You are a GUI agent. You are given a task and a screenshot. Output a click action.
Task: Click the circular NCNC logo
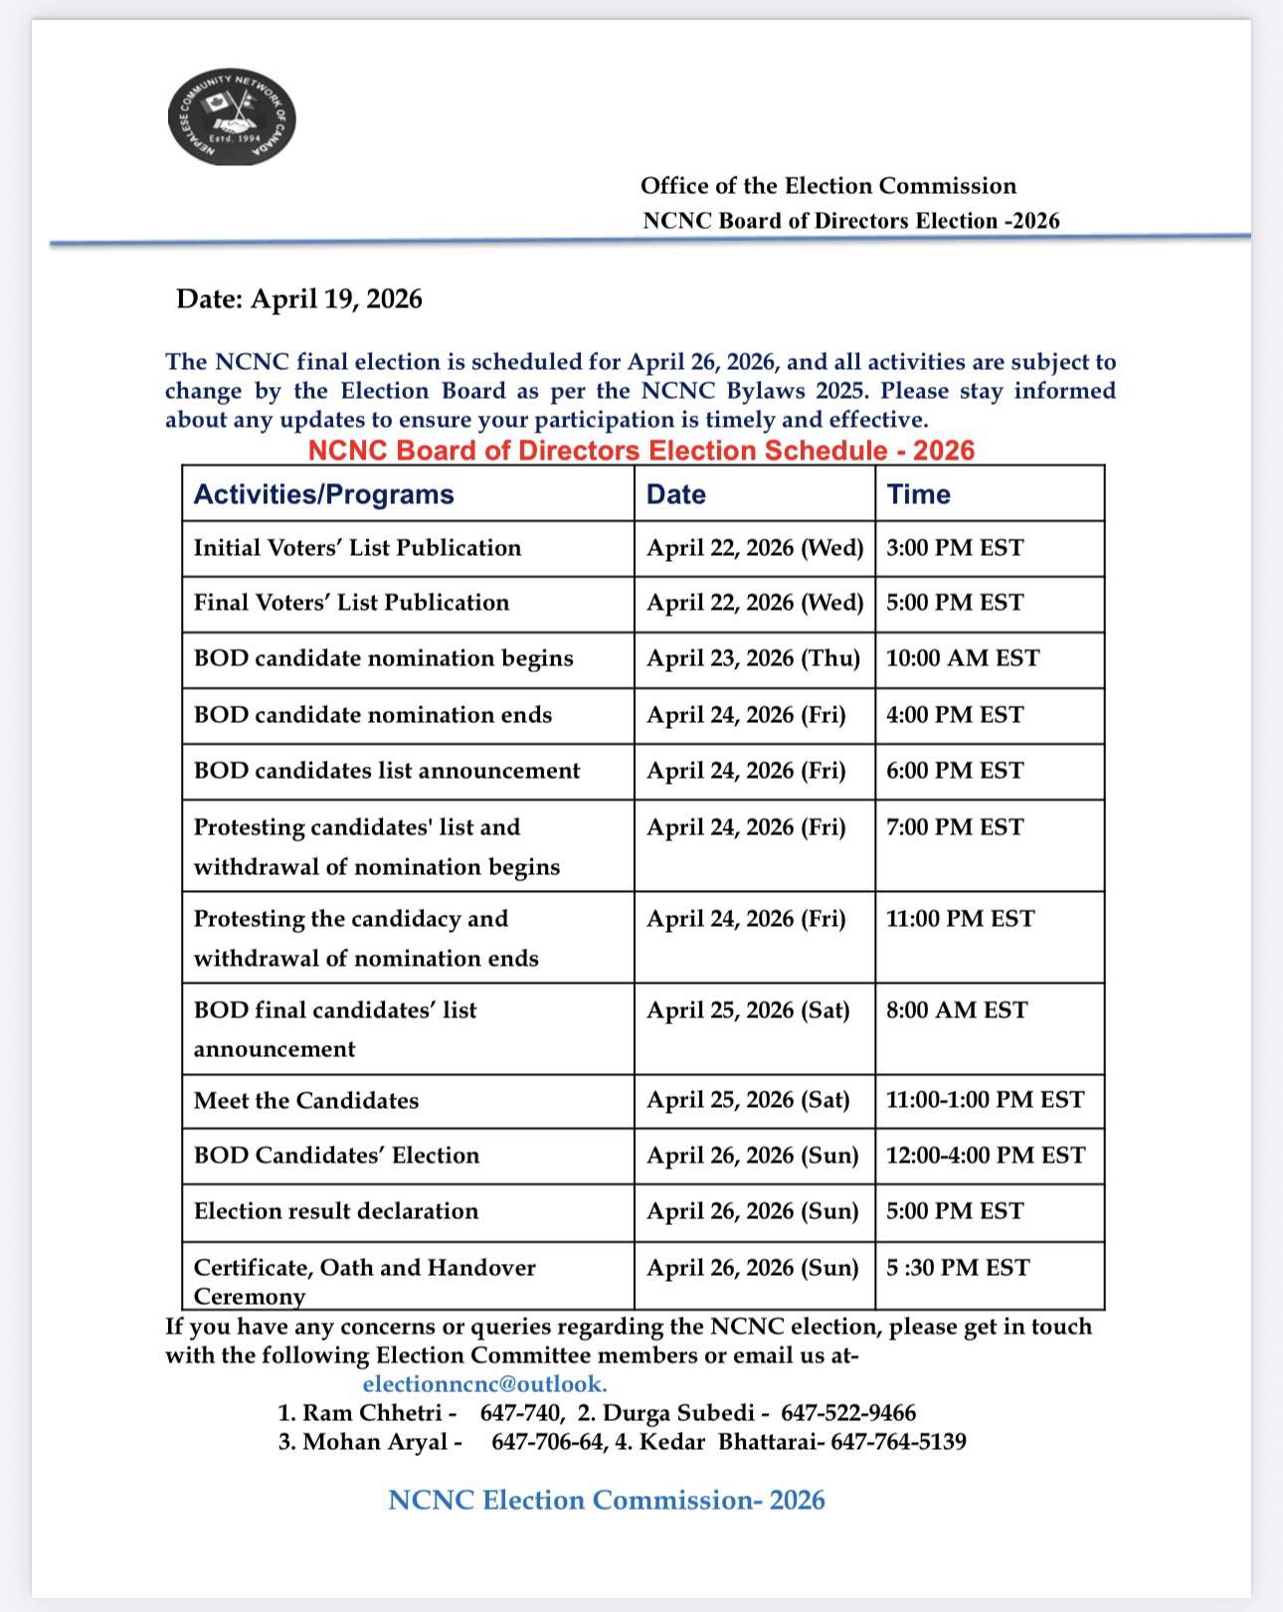coord(232,116)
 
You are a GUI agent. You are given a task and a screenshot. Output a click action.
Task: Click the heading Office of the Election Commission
coord(827,186)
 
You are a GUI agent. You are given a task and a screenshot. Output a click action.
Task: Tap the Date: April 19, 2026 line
coord(298,298)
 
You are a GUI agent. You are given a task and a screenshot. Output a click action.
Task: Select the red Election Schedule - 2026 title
coord(641,450)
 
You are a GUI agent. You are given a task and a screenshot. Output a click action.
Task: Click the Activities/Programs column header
coord(323,494)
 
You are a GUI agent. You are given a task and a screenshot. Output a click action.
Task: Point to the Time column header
coord(918,494)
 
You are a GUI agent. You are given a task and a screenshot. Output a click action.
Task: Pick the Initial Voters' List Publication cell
coord(357,548)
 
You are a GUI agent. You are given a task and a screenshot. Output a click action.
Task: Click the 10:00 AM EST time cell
coord(962,658)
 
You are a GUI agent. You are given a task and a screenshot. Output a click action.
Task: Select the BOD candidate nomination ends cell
coord(372,715)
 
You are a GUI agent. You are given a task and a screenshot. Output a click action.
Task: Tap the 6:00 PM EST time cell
coord(954,771)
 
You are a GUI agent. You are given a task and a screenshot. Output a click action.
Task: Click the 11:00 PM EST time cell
coord(960,919)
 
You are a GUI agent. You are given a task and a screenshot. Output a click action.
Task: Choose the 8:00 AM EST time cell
coord(956,1010)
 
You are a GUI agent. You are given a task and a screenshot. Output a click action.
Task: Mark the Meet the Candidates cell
coord(306,1101)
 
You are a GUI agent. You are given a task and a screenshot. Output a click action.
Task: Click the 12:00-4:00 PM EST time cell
coord(985,1156)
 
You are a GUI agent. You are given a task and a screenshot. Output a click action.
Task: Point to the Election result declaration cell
coord(336,1211)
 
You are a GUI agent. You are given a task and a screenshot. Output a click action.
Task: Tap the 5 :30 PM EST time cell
coord(957,1268)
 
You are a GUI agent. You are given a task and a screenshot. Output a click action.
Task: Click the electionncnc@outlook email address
coord(484,1384)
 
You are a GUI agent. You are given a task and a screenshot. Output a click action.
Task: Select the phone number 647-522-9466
coord(847,1413)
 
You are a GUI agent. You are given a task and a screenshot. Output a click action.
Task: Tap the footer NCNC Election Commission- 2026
coord(606,1500)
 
